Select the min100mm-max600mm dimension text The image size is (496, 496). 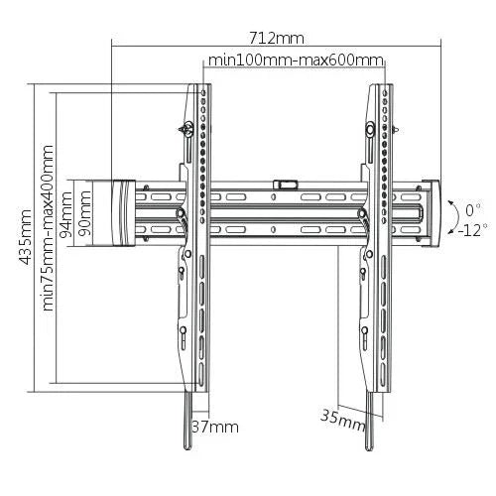pyautogui.click(x=295, y=61)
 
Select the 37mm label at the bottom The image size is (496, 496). pyautogui.click(x=214, y=427)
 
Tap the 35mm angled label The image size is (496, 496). pyautogui.click(x=342, y=418)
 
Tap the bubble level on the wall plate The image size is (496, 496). pyautogui.click(x=286, y=184)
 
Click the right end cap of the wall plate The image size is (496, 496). pyautogui.click(x=433, y=212)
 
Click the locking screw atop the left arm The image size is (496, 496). pyautogui.click(x=186, y=128)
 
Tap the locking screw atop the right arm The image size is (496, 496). pyautogui.click(x=368, y=129)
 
